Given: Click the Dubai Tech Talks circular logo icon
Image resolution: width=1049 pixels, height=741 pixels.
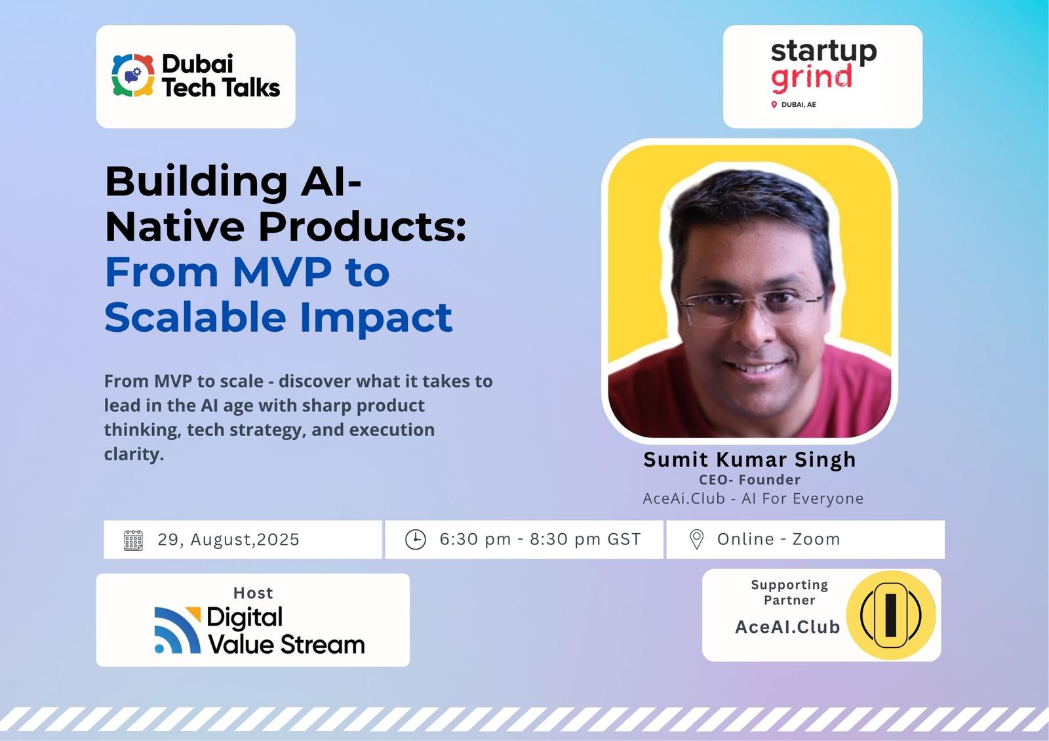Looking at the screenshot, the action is click(133, 75).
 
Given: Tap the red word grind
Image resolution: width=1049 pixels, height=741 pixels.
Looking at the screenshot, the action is click(811, 78).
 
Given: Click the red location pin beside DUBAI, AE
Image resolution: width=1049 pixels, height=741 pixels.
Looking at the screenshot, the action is click(774, 104).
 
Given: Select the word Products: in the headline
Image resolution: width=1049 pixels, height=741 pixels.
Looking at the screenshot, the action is click(363, 227).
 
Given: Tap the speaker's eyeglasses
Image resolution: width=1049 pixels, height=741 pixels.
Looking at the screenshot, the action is click(751, 308).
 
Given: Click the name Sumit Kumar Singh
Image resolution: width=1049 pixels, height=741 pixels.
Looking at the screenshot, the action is click(750, 460).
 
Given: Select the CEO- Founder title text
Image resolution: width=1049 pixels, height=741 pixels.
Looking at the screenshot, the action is click(750, 479).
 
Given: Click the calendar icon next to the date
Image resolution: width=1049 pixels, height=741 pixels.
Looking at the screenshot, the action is click(133, 540).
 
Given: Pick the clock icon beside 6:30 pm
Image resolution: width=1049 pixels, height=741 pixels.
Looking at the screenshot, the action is click(416, 540).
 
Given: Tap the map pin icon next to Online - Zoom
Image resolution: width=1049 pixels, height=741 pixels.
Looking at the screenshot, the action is click(697, 540).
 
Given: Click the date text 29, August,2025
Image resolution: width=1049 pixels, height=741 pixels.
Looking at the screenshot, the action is click(229, 540).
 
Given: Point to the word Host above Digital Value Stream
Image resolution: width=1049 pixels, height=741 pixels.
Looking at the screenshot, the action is click(253, 593).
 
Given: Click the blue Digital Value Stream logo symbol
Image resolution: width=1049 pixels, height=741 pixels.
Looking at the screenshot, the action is click(178, 630).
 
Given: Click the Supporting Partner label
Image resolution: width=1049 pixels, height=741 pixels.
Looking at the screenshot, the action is click(789, 593).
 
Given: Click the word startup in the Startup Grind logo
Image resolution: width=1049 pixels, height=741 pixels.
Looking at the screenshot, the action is click(823, 52).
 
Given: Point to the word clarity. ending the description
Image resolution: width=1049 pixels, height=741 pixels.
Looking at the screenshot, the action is click(134, 454).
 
